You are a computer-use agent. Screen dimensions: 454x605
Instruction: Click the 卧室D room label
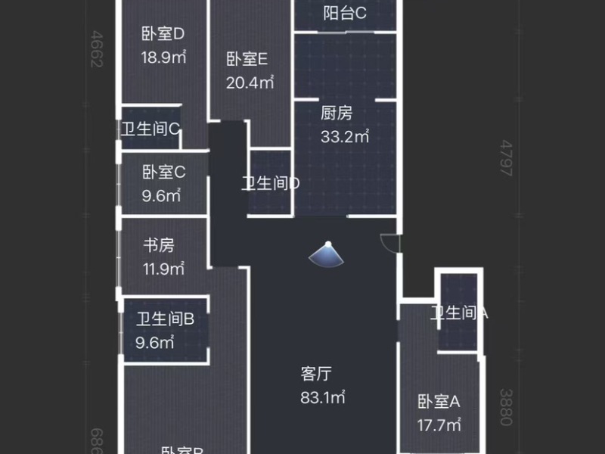tap(163, 34)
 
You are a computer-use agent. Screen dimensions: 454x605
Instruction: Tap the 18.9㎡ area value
tap(163, 57)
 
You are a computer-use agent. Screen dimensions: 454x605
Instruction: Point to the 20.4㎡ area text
tap(250, 82)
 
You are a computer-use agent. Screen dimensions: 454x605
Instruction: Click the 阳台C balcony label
tap(344, 13)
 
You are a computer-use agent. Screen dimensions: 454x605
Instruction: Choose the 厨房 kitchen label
tap(337, 113)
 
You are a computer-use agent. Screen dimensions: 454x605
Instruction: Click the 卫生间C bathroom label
tap(150, 129)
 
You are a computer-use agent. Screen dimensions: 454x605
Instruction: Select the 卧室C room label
tap(163, 173)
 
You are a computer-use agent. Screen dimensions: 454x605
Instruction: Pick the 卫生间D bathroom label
tap(271, 183)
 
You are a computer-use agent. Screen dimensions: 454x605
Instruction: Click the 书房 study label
tap(159, 245)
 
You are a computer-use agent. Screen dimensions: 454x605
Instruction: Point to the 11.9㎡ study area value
tap(163, 269)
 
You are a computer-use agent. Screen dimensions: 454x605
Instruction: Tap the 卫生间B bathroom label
tap(166, 319)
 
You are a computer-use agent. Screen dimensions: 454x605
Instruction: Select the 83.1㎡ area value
tap(322, 396)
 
